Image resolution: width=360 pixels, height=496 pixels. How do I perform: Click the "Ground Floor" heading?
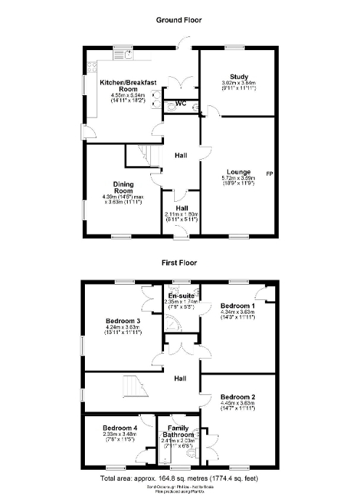179,20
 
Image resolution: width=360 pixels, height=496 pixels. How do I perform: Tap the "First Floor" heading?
179,264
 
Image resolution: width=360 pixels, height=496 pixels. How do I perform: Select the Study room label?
240,76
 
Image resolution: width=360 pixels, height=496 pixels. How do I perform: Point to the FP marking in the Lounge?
269,174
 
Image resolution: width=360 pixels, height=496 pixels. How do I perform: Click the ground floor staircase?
143,155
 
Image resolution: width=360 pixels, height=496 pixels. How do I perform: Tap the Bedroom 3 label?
123,320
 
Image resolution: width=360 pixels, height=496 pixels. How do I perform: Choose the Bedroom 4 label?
120,428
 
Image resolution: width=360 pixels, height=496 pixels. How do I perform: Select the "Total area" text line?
179,480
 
